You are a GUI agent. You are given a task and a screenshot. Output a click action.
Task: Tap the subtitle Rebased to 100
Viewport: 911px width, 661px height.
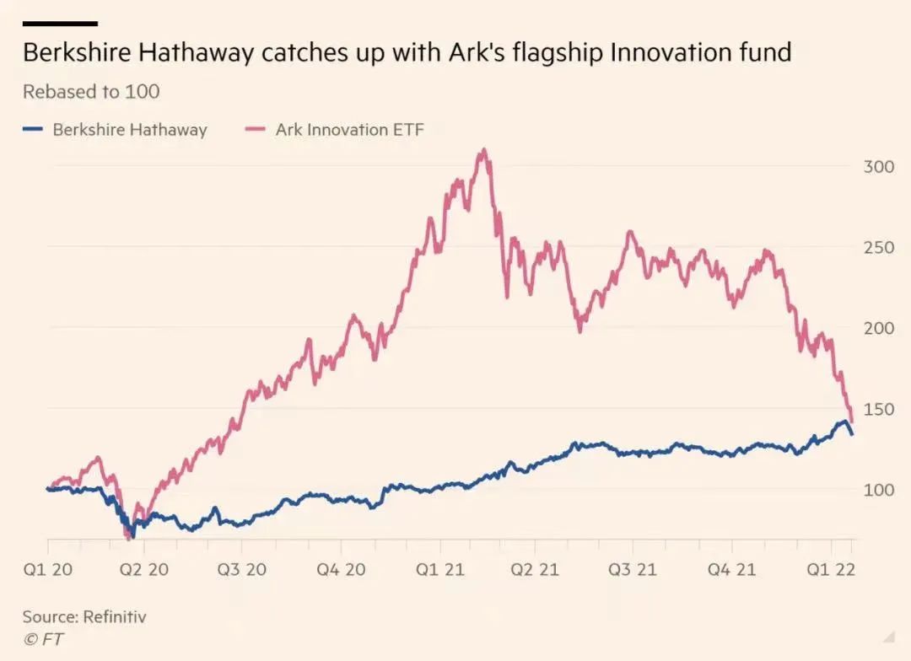(91, 91)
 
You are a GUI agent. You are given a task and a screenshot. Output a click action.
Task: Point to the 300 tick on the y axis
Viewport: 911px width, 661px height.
(878, 166)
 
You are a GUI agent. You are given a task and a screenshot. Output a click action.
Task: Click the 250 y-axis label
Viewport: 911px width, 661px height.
(878, 247)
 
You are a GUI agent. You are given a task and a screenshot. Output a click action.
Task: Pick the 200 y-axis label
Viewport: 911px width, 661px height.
(878, 328)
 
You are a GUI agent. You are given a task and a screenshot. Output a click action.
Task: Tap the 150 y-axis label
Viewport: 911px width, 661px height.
(878, 409)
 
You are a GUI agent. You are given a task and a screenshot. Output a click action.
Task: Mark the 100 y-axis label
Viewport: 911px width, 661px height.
(878, 490)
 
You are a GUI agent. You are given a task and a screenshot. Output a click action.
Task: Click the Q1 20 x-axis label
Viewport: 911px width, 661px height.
(47, 570)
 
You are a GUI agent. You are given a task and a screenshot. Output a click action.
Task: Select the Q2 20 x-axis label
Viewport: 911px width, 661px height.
(143, 570)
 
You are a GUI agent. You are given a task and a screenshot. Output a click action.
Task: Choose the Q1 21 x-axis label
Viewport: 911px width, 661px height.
(439, 570)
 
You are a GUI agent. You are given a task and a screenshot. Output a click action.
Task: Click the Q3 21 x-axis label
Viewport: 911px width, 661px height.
(633, 570)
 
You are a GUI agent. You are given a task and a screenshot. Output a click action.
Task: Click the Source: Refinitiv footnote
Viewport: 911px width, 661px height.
(84, 617)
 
